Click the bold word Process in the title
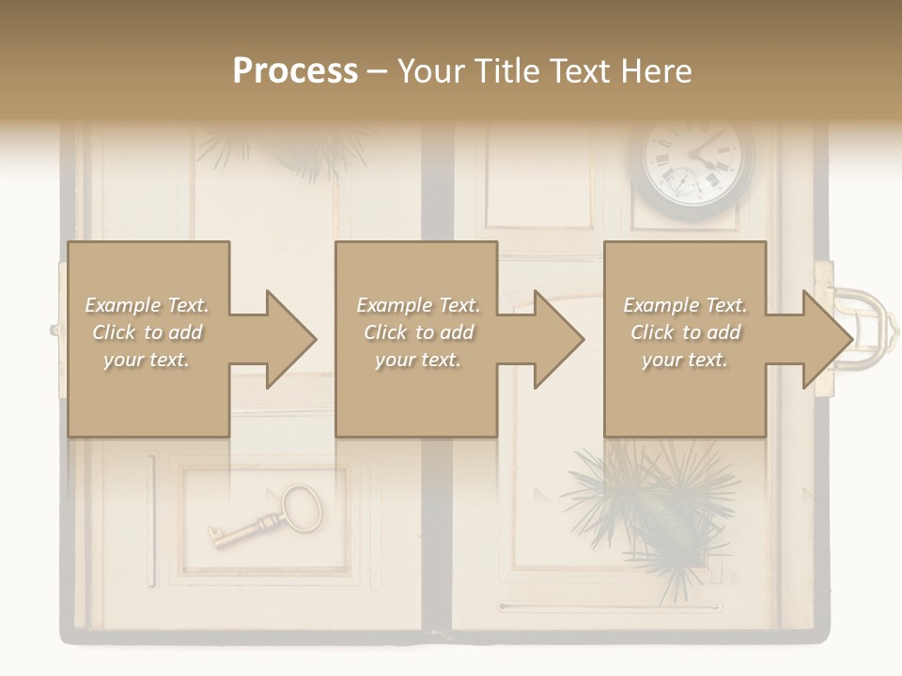coord(295,71)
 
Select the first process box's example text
coord(147,332)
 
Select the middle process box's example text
coord(418,332)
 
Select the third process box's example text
coord(685,332)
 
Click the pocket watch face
coord(697,162)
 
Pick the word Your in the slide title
coord(431,71)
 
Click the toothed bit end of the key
coord(219,538)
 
